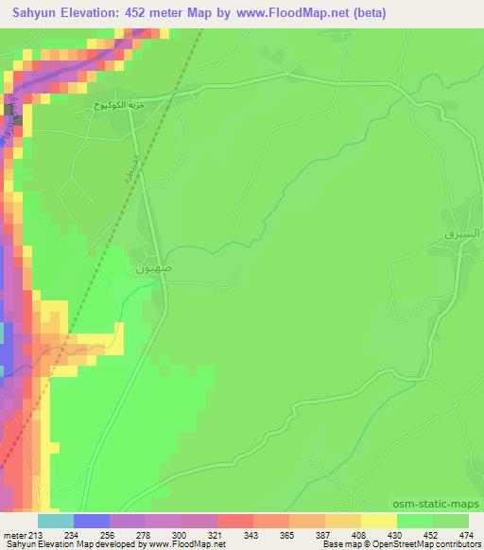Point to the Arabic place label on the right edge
pyautogui.click(x=462, y=232)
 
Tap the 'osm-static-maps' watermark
pyautogui.click(x=436, y=505)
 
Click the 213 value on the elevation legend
pyautogui.click(x=36, y=536)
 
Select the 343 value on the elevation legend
pyautogui.click(x=251, y=536)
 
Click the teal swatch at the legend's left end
pyautogui.click(x=55, y=521)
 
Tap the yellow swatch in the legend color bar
pyautogui.click(x=378, y=521)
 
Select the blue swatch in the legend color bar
pyautogui.click(x=91, y=521)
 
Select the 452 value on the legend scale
pyautogui.click(x=431, y=536)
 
